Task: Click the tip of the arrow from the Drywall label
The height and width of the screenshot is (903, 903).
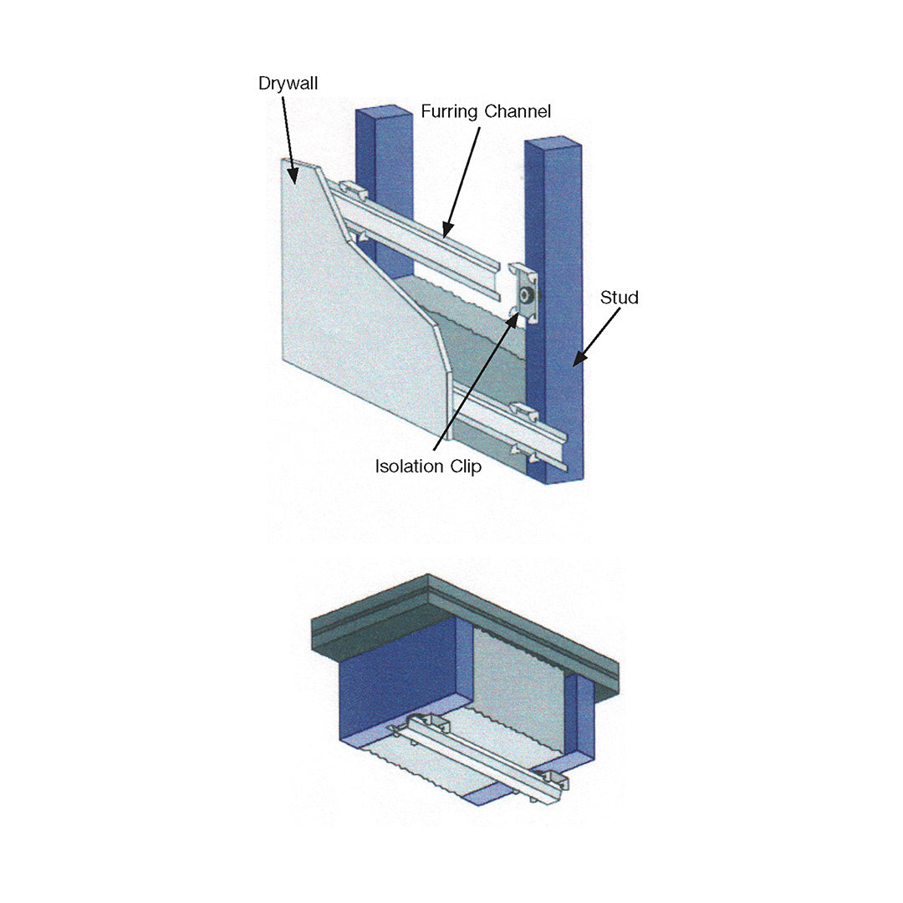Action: (296, 184)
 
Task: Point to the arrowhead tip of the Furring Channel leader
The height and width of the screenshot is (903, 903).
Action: (444, 237)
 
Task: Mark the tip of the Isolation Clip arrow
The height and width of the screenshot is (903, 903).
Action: (518, 314)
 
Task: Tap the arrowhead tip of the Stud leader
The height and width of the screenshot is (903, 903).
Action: (573, 365)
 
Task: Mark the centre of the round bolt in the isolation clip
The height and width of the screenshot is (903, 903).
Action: (525, 296)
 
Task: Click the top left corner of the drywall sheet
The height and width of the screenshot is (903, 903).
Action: (283, 158)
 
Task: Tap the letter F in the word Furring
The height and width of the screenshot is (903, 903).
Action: (426, 111)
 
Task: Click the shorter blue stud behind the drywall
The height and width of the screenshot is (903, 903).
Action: (385, 190)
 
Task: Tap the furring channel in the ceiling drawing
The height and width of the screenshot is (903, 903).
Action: (479, 759)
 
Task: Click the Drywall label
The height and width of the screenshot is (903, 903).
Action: (288, 84)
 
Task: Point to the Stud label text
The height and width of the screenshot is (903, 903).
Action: (619, 298)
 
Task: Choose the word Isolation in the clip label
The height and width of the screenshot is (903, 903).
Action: (410, 466)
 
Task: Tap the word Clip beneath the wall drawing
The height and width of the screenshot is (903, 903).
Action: (466, 467)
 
